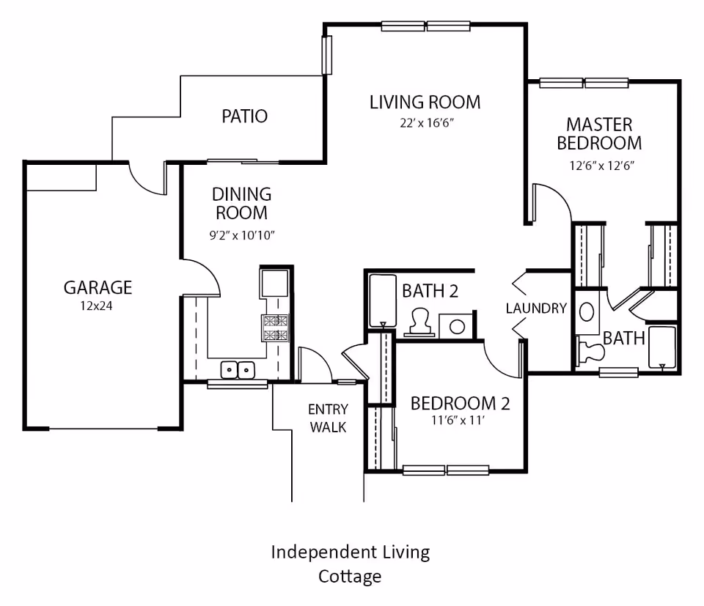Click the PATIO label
click(244, 116)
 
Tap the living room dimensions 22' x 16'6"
click(424, 122)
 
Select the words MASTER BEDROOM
click(599, 133)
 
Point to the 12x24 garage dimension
click(98, 306)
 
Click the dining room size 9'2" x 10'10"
click(241, 235)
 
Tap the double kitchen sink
click(238, 370)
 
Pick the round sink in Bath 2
click(456, 326)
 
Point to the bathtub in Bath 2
click(381, 300)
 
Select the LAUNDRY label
click(536, 308)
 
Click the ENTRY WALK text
click(328, 418)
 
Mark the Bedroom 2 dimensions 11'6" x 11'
click(460, 421)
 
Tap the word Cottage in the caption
click(350, 576)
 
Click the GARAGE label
click(98, 287)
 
